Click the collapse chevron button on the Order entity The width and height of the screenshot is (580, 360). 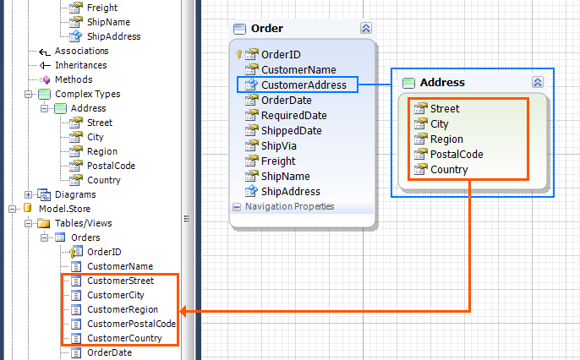(366, 28)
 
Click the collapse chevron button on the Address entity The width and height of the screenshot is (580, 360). (538, 82)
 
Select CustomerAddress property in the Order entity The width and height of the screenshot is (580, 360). (304, 85)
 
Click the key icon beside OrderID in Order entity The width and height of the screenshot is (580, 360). (238, 55)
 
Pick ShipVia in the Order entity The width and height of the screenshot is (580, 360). (278, 146)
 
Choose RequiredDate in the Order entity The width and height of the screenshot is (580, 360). (293, 115)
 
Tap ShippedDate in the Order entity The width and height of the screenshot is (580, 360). (291, 131)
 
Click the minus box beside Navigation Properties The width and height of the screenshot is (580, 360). (237, 207)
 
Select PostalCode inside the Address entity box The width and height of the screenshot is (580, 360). (457, 154)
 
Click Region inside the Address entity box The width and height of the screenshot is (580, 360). (446, 139)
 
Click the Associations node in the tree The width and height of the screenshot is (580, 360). (81, 51)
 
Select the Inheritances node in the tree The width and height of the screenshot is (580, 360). (80, 65)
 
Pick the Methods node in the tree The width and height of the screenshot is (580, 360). (74, 79)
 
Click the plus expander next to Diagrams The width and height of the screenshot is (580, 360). (28, 194)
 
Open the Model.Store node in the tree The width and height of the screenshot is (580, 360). (64, 209)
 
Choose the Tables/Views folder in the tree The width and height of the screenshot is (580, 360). (83, 223)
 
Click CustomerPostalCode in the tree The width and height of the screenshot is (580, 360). (131, 324)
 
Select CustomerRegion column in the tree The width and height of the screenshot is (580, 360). (123, 309)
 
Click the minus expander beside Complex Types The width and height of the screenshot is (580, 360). (28, 95)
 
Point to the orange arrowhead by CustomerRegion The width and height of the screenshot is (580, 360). (183, 311)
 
